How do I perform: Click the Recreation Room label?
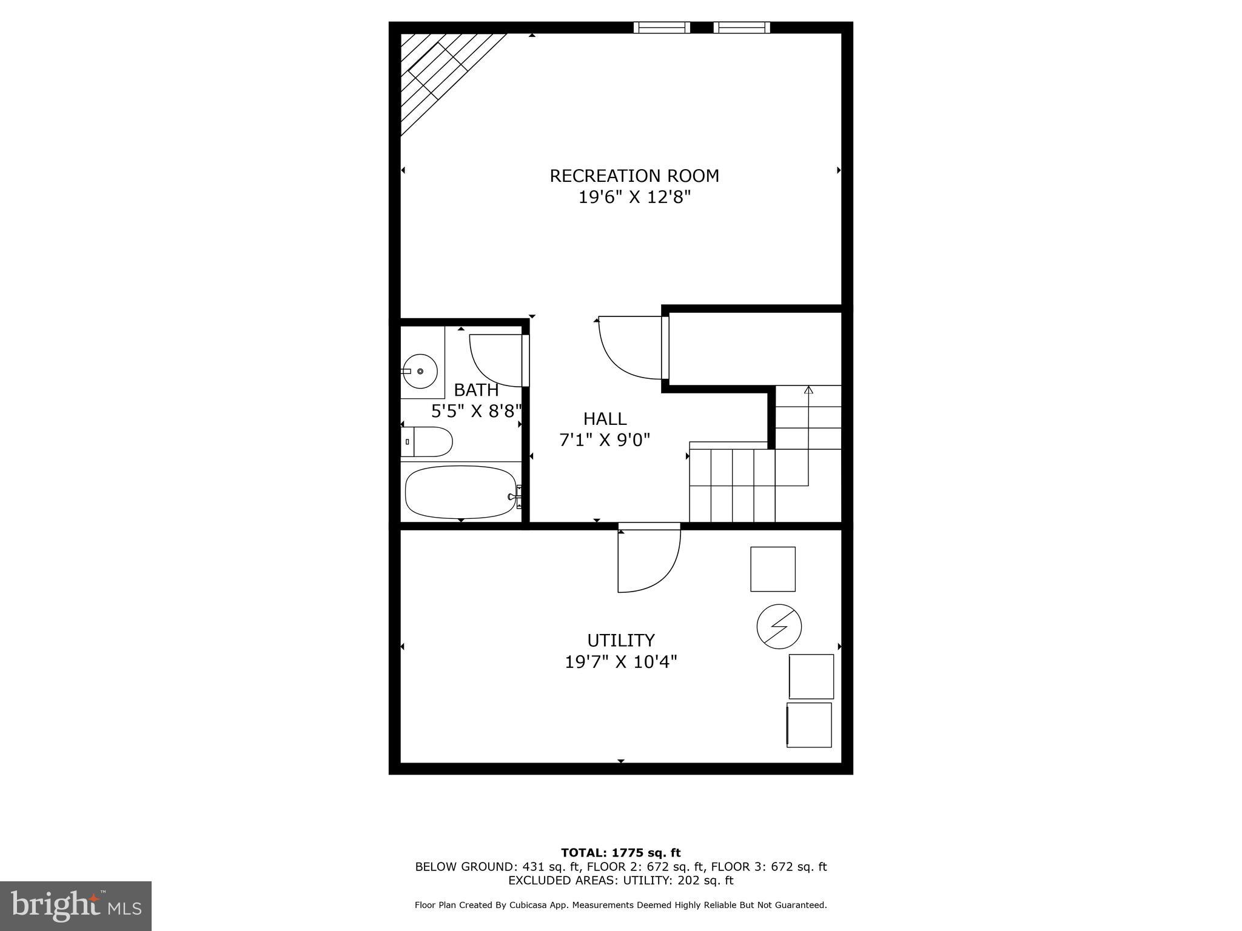click(634, 176)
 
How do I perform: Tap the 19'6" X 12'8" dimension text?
click(634, 198)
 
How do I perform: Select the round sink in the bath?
click(420, 370)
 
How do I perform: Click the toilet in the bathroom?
click(427, 442)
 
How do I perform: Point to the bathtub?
click(461, 492)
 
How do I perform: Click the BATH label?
click(476, 390)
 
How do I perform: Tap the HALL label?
click(605, 419)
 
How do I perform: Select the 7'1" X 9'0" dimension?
click(605, 440)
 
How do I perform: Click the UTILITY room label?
click(621, 640)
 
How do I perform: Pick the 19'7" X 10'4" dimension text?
click(621, 662)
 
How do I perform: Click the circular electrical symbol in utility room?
click(779, 627)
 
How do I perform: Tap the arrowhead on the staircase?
click(808, 390)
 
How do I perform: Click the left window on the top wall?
click(662, 27)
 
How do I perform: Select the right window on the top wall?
click(742, 27)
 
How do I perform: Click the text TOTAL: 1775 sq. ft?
click(620, 853)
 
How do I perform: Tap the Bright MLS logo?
click(76, 906)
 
